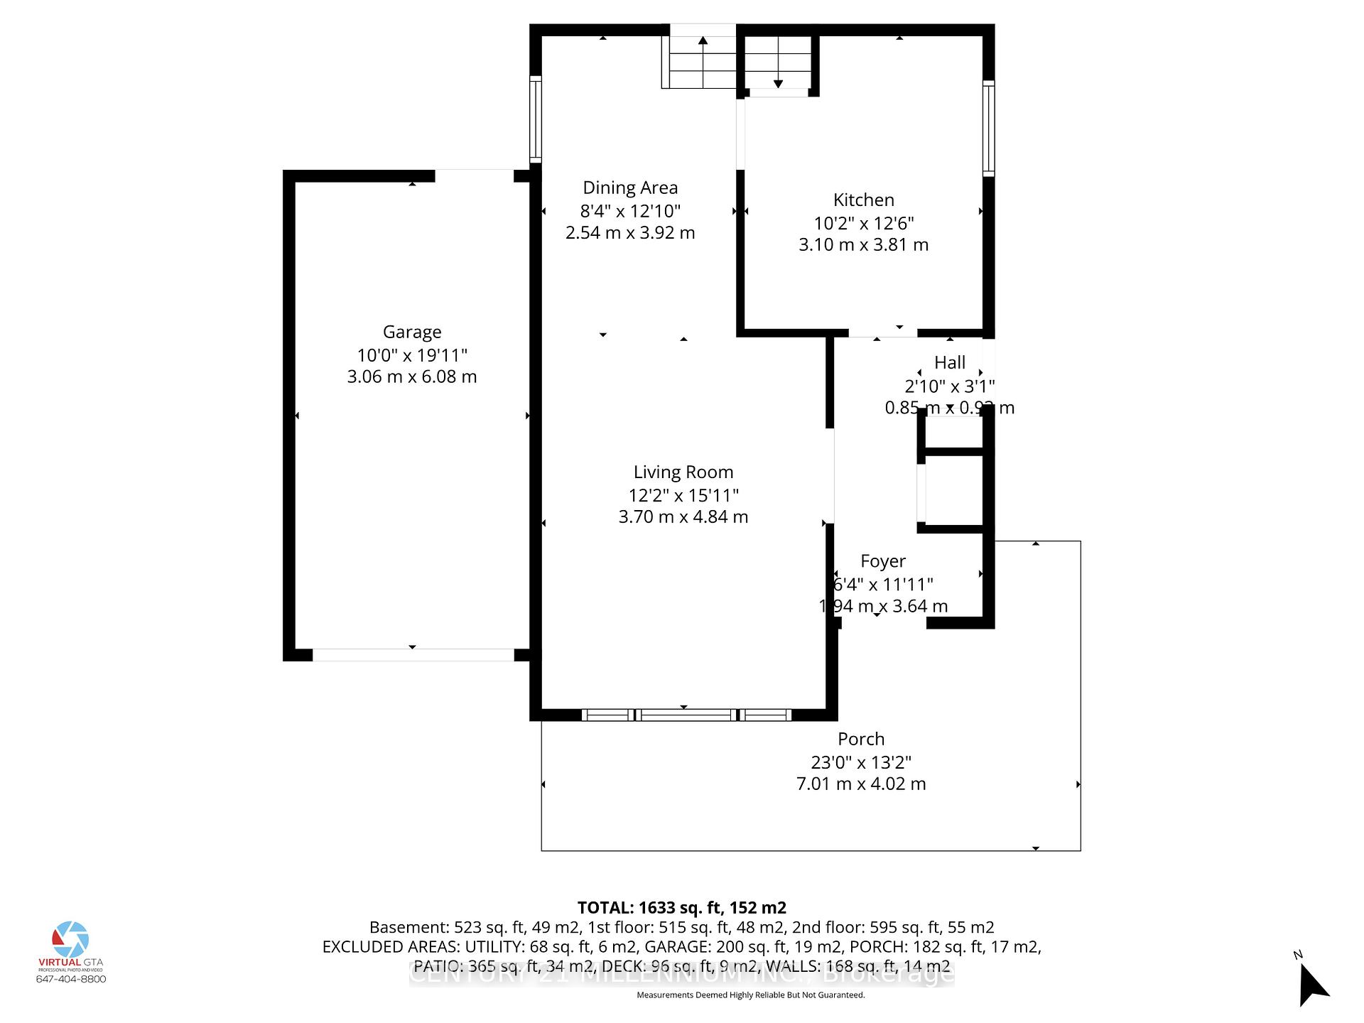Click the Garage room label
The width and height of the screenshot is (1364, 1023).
tap(412, 332)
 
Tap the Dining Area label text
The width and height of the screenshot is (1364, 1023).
tap(630, 188)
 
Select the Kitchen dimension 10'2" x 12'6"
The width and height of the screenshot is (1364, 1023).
tap(863, 223)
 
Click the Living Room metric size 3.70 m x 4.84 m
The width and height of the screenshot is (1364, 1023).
tap(683, 516)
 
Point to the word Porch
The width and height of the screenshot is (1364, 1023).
tap(860, 739)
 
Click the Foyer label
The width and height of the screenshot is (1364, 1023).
tap(882, 561)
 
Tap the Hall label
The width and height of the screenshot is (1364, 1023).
tap(949, 362)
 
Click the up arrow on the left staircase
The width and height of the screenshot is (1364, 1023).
tap(703, 40)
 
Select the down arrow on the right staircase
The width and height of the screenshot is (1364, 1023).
tap(778, 83)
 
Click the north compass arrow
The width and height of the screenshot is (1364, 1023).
tap(1312, 985)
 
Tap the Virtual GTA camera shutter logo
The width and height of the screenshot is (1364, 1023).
tap(70, 939)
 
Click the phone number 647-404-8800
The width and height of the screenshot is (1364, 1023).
tap(71, 979)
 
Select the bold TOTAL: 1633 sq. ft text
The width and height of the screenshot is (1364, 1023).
tap(681, 907)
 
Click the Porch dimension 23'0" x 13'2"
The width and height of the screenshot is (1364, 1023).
tap(860, 762)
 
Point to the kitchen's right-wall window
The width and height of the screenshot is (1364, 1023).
tap(988, 129)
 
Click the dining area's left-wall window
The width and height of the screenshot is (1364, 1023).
tap(536, 119)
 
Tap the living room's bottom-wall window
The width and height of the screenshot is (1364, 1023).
tap(686, 715)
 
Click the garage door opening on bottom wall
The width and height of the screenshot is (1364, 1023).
tap(413, 655)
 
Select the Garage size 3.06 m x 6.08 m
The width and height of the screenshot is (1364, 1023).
tap(412, 377)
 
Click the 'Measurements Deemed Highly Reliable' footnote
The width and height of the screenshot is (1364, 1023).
tap(750, 995)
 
